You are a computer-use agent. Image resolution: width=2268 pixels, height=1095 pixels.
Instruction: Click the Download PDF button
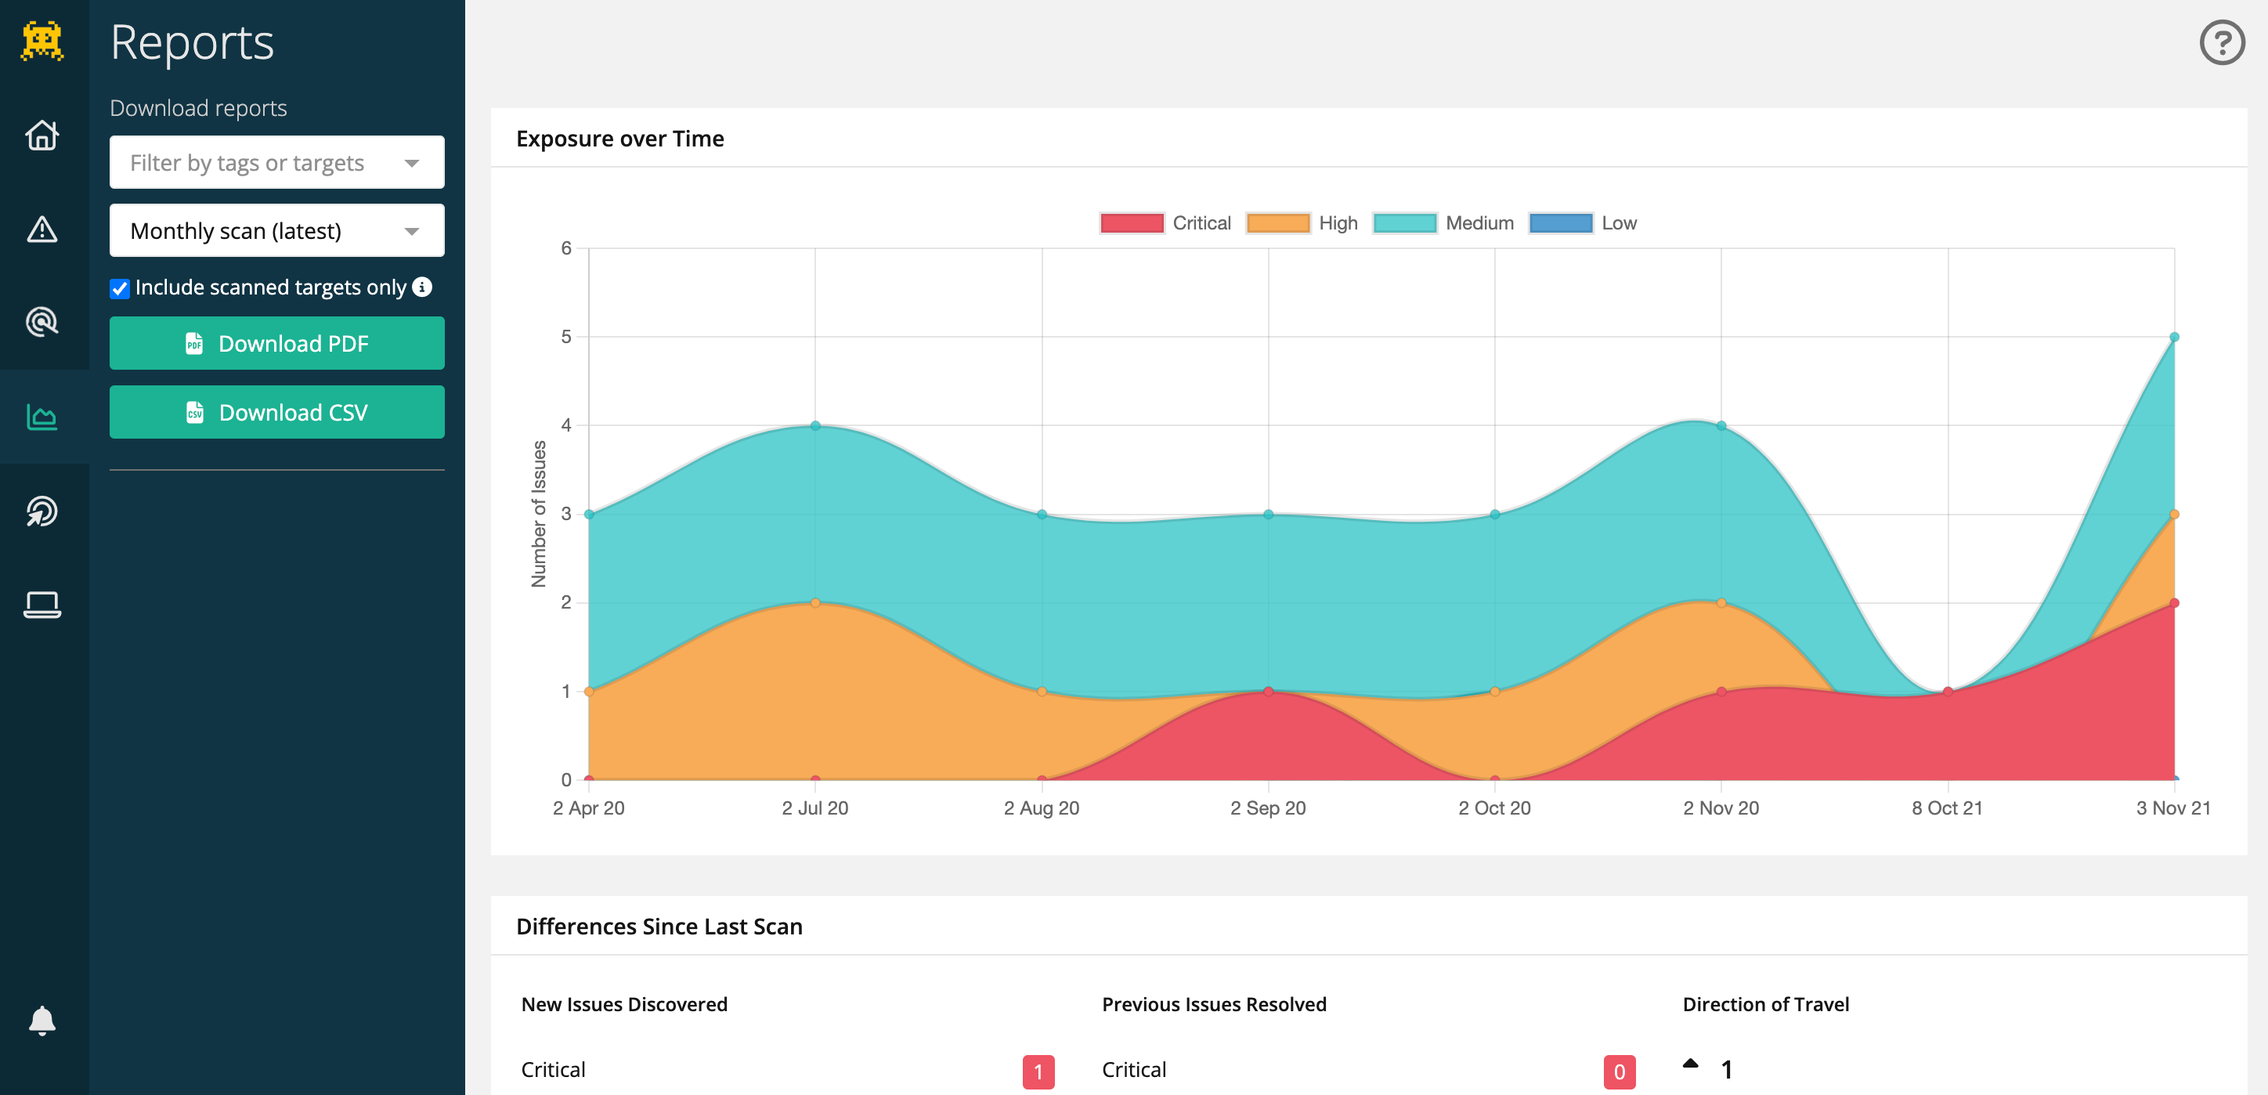276,343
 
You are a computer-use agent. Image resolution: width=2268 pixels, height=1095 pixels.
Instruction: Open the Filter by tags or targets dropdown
276,163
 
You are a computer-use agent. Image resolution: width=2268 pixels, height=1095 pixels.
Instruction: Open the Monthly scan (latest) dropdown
276,230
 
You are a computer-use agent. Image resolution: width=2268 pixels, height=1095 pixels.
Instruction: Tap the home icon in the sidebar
42,136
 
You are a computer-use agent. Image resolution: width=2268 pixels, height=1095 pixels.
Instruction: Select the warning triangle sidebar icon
42,229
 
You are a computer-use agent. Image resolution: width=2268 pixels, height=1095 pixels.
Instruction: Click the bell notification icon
42,1020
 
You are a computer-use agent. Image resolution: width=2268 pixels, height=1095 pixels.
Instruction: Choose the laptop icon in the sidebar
42,605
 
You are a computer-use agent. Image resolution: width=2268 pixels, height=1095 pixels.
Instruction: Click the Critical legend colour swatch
1132,223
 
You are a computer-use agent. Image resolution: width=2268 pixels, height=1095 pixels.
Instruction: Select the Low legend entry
1583,223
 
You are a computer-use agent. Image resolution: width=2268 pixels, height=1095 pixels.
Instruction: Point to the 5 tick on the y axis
566,337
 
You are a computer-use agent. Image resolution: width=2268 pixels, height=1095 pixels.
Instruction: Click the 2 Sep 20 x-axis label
1268,808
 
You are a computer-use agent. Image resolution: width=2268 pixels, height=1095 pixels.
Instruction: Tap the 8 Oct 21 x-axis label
1948,808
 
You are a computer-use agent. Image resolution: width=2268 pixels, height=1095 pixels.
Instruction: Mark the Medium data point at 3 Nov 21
2175,337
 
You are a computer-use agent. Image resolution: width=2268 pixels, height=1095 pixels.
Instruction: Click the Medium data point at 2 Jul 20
815,426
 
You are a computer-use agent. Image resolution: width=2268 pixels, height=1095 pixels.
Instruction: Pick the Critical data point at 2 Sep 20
1269,692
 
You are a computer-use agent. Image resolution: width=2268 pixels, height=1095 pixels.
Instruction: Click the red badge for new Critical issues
1038,1072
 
